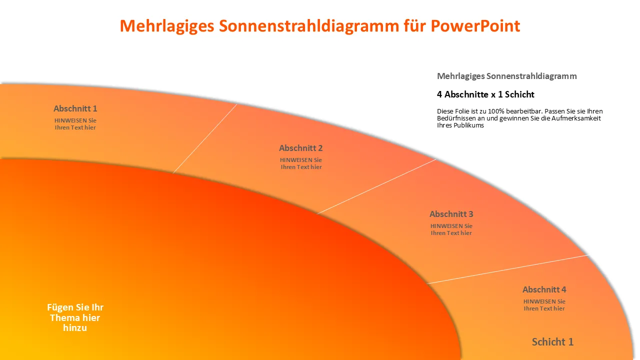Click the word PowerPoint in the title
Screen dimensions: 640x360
tap(475, 26)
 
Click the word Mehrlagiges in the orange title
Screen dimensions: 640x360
tap(167, 26)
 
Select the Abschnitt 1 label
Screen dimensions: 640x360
tap(75, 108)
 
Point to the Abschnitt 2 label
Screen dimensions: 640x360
tap(301, 148)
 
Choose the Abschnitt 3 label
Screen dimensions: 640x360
tap(451, 214)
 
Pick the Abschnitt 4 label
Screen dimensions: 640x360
tap(544, 289)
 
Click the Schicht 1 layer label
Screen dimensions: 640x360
tap(552, 341)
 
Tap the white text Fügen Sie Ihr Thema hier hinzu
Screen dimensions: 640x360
tap(75, 317)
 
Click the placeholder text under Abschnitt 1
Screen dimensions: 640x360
tap(75, 124)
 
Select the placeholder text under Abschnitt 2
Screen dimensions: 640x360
tap(301, 163)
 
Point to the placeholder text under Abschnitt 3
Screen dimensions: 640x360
tap(451, 229)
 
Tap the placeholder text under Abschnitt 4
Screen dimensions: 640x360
tap(544, 305)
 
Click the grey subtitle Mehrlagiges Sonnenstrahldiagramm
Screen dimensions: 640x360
tap(507, 76)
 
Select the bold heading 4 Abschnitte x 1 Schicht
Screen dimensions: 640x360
tap(485, 94)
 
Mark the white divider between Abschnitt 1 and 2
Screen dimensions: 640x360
tap(205, 138)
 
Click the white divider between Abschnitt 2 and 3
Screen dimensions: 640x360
tap(376, 186)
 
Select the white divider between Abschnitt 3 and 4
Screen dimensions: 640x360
tap(508, 269)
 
